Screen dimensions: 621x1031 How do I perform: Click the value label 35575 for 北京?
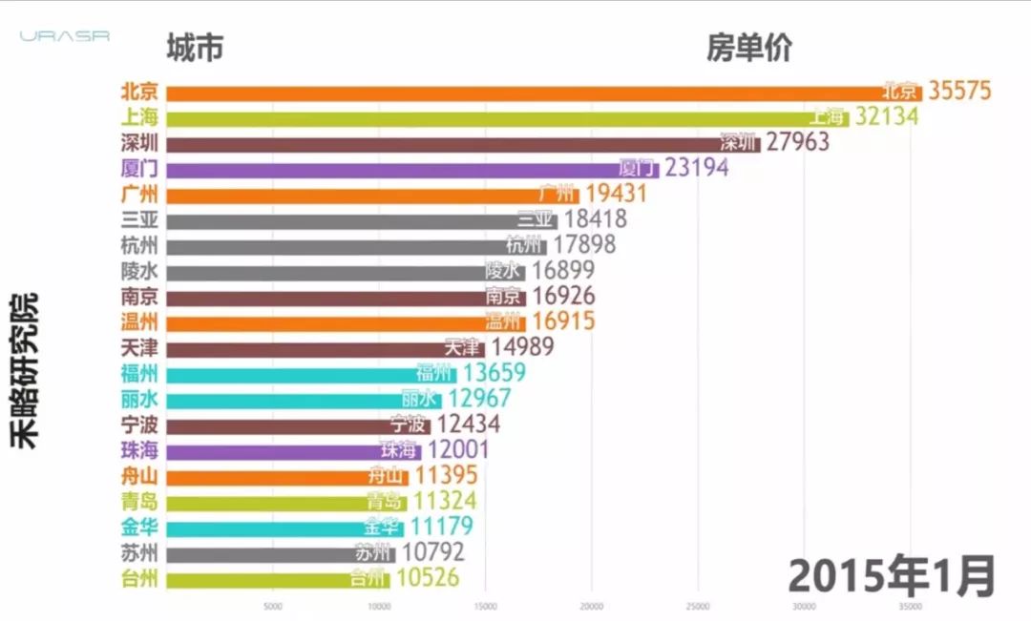pos(958,91)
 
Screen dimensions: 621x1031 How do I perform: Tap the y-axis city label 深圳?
pos(139,143)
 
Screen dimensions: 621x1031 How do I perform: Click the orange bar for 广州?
pos(372,195)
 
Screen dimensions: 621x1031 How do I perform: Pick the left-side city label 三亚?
pos(139,219)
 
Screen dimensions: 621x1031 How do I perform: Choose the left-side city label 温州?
pos(139,321)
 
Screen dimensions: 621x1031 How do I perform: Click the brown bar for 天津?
pos(325,348)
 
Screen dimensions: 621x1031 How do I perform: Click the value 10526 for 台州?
pos(427,578)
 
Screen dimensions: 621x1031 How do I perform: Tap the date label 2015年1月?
pos(892,575)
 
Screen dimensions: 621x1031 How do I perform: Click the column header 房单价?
pos(749,48)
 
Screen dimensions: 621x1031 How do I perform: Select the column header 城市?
pos(195,48)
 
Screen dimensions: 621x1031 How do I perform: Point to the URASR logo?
pos(65,36)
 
